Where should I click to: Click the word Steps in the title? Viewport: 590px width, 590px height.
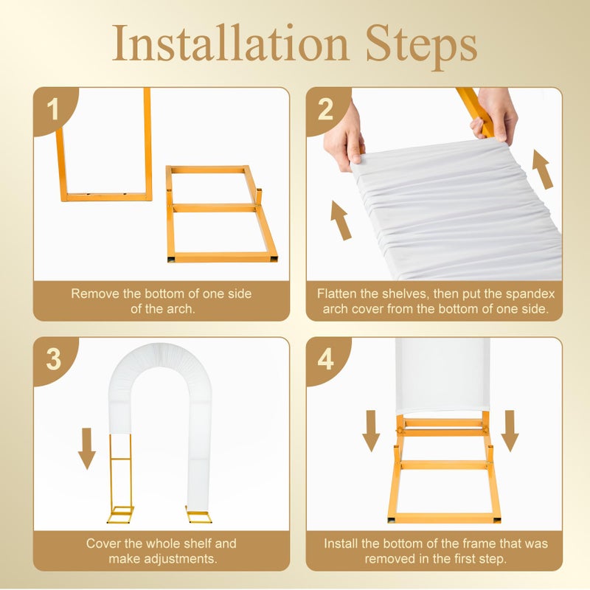[421, 46]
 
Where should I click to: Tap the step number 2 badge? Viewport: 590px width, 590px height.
[325, 109]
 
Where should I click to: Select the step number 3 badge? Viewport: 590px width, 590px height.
[53, 359]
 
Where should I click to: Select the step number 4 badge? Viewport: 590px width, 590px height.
[325, 359]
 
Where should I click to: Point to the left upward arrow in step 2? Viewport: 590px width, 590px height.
[341, 221]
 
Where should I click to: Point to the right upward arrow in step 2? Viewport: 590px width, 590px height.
[543, 170]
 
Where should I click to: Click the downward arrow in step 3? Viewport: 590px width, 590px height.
[87, 448]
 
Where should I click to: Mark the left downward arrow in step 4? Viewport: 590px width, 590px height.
[371, 431]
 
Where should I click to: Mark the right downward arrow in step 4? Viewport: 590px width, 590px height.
[510, 431]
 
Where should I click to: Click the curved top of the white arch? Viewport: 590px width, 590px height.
[161, 358]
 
